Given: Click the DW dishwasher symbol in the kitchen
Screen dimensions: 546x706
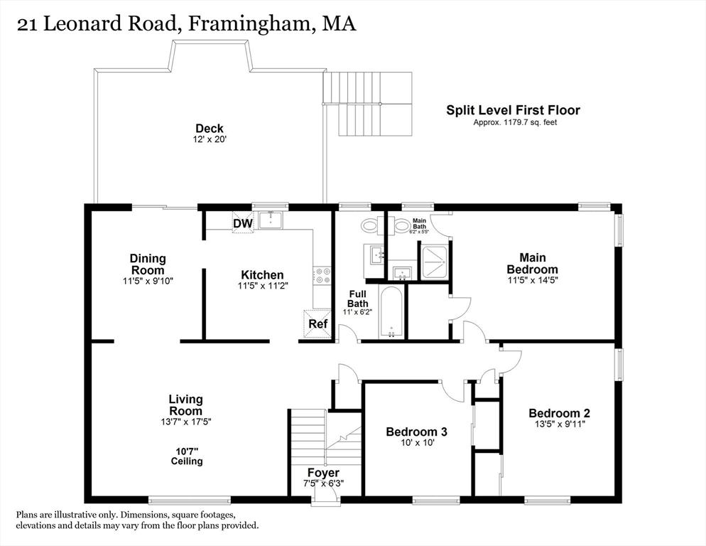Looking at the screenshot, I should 242,224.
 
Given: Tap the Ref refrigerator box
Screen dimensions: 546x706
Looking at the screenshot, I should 318,323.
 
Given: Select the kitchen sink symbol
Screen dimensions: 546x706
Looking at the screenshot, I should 271,220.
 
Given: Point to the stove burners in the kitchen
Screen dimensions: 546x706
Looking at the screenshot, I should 322,275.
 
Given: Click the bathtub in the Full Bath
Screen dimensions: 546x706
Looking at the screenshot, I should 391,313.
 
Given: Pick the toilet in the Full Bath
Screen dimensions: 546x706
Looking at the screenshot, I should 369,226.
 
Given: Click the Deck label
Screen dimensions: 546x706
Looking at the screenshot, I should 210,129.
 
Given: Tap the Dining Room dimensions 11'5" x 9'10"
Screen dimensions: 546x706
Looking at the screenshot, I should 147,281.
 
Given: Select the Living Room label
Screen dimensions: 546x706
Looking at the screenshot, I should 185,405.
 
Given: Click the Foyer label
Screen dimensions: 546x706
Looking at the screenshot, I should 323,473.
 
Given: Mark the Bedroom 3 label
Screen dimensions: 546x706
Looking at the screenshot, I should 416,432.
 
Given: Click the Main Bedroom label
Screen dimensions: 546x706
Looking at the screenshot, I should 532,263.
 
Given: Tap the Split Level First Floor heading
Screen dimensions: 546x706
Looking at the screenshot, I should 513,110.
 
